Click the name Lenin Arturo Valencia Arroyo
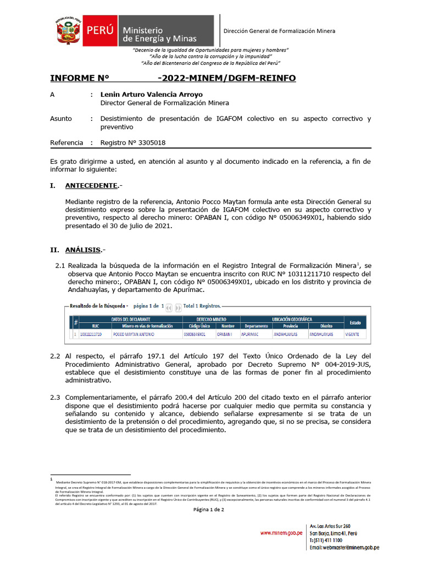[x=151, y=95]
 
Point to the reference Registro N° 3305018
[x=132, y=143]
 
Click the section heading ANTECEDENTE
[x=91, y=186]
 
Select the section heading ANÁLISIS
[x=82, y=250]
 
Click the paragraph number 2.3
[x=55, y=398]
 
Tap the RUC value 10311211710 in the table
[x=91, y=334]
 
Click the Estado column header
[x=355, y=322]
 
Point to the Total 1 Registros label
[x=202, y=306]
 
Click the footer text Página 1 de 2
[x=208, y=509]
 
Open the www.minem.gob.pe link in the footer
[x=281, y=533]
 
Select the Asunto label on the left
[x=61, y=119]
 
